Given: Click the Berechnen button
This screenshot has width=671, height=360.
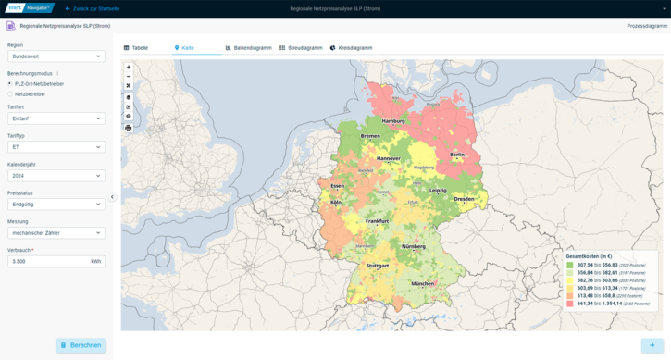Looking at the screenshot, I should point(81,345).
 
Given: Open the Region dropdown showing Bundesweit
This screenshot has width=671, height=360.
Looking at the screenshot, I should point(56,56).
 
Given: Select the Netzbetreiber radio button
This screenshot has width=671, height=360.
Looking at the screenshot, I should point(10,94).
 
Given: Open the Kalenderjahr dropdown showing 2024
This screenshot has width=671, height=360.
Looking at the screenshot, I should point(56,176).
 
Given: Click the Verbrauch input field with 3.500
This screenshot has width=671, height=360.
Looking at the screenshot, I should point(46,262).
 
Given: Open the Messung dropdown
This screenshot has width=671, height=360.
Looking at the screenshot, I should point(56,233).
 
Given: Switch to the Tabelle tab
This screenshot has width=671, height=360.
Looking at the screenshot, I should point(136,47).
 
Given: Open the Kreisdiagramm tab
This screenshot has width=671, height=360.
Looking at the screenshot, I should point(351,47).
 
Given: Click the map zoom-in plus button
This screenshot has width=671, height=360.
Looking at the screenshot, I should point(129,68).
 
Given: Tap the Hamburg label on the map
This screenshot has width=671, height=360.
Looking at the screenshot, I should point(393,121).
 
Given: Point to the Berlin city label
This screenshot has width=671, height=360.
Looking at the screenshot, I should point(456,155).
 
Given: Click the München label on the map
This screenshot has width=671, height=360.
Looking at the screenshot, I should point(423,283).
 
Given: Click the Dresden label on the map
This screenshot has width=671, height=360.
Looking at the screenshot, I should point(465,198).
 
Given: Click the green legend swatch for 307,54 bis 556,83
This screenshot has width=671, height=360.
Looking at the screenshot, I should point(570,265).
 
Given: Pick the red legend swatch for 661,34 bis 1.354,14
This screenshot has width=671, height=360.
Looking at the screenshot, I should point(570,304).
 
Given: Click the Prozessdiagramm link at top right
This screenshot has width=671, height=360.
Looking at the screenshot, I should point(646,26).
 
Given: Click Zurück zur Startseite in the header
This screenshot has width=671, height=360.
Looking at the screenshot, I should point(93,8).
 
